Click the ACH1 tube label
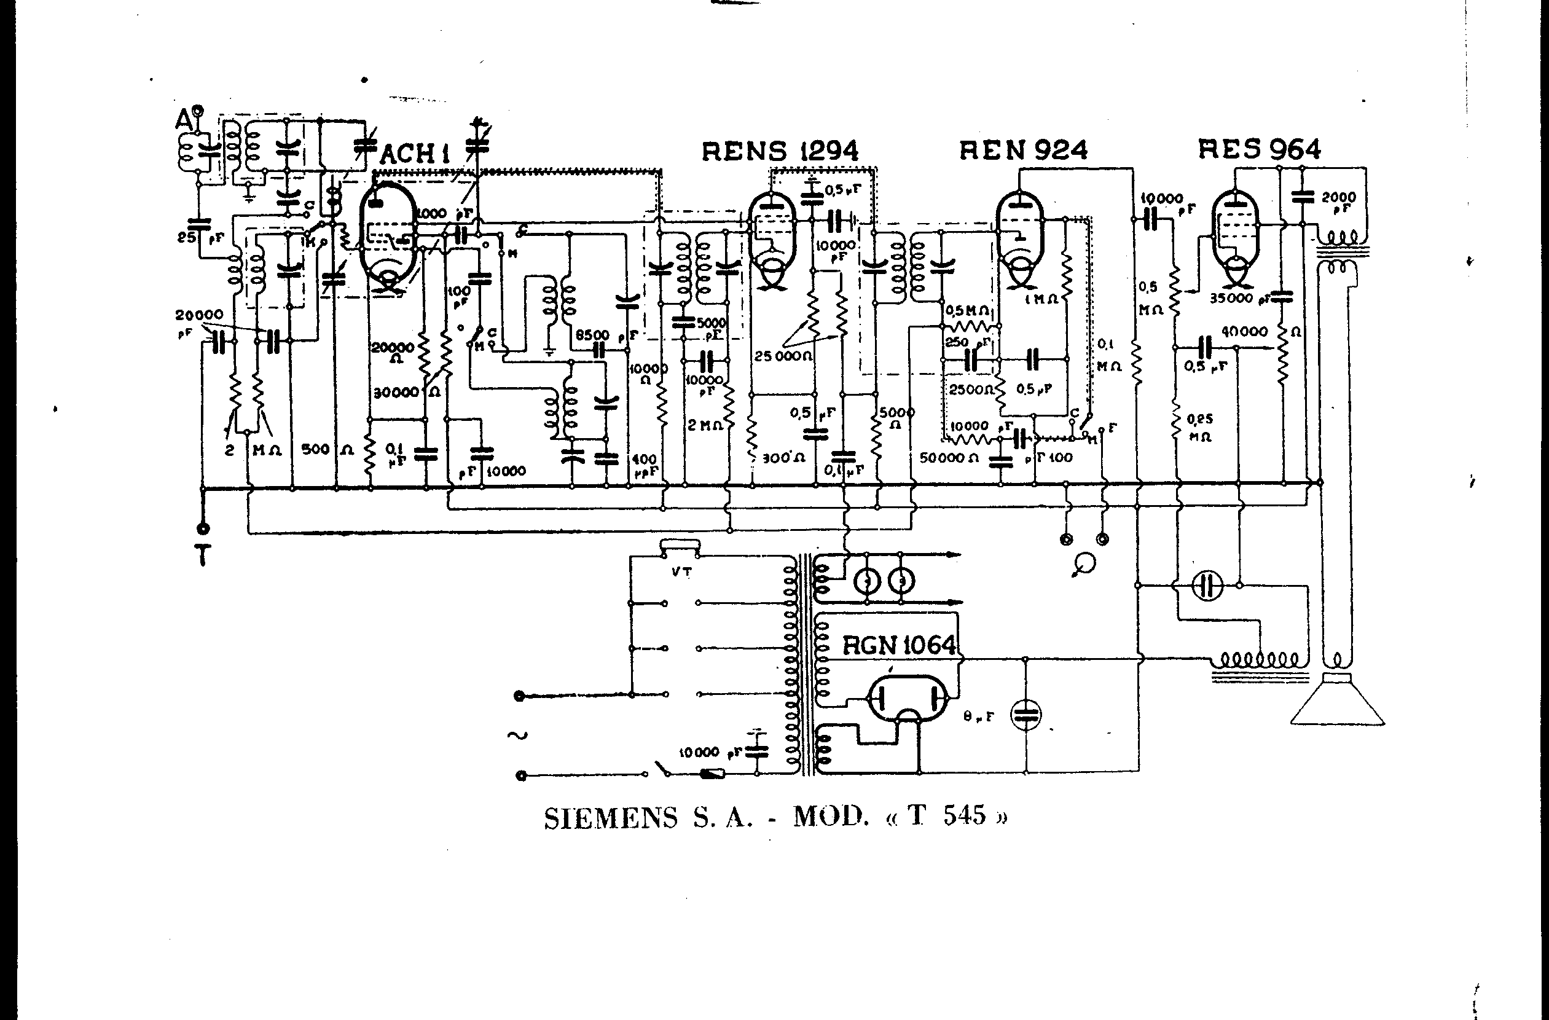point(415,154)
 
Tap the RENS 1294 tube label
point(780,151)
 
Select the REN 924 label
point(1023,151)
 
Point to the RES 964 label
point(1260,150)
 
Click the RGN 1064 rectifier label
point(900,646)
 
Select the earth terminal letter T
point(203,556)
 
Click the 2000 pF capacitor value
point(1339,197)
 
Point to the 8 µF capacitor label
point(978,716)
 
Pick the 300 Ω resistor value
point(783,458)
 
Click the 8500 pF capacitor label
point(592,335)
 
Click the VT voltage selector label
point(682,572)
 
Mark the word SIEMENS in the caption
point(611,818)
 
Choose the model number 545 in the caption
point(965,815)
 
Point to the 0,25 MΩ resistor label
point(1199,427)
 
